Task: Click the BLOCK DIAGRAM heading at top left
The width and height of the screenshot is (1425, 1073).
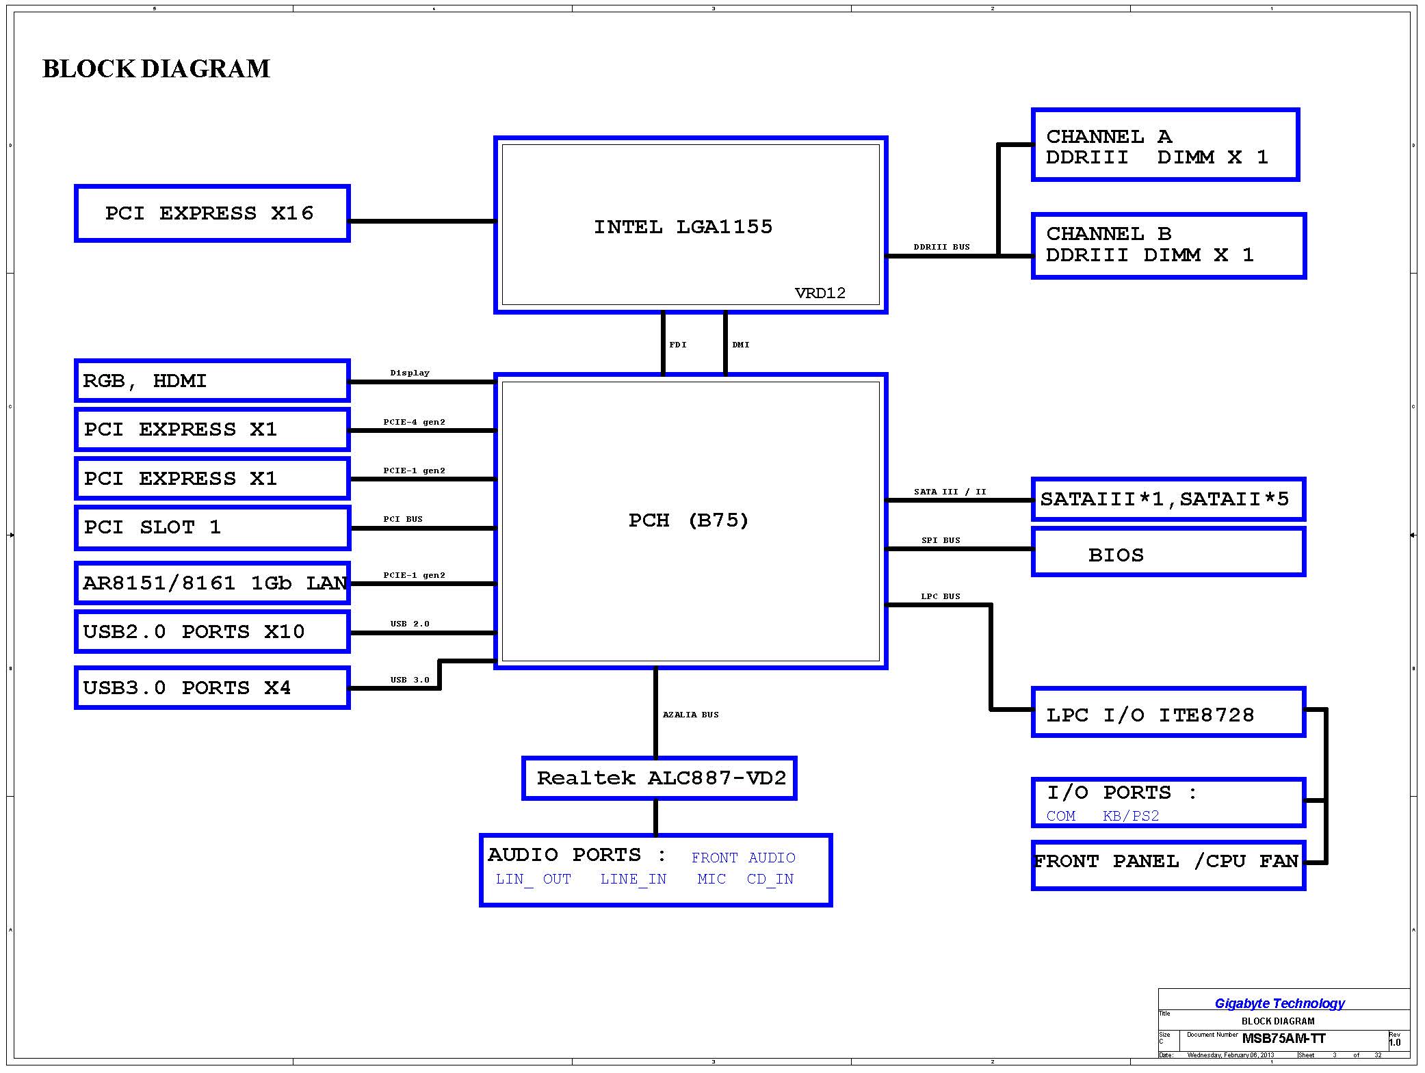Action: tap(156, 69)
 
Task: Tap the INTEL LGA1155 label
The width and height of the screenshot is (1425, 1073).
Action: tap(683, 227)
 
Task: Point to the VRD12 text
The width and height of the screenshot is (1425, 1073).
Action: tap(820, 293)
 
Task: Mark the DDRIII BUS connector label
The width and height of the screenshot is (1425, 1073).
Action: tap(941, 247)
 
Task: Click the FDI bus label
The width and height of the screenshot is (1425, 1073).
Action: tap(677, 345)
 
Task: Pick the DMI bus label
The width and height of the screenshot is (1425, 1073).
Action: tap(740, 345)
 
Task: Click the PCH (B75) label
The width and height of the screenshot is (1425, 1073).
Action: tap(688, 520)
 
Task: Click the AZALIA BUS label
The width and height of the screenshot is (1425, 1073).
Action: tap(690, 715)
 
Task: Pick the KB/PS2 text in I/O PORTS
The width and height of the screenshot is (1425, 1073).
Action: tap(1131, 816)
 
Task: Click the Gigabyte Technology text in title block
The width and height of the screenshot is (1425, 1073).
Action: tap(1279, 1003)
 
